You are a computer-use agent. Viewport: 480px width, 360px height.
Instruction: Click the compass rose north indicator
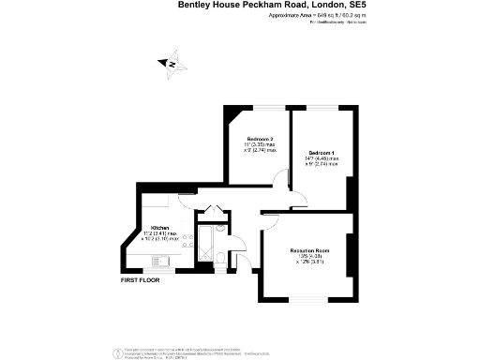point(171,64)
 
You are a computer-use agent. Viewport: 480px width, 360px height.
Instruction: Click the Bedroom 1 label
point(322,153)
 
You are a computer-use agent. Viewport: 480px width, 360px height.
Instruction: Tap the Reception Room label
point(308,250)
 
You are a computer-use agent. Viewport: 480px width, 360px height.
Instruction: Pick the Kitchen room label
point(160,228)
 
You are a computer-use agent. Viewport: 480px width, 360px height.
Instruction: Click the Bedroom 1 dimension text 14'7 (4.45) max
point(322,159)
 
